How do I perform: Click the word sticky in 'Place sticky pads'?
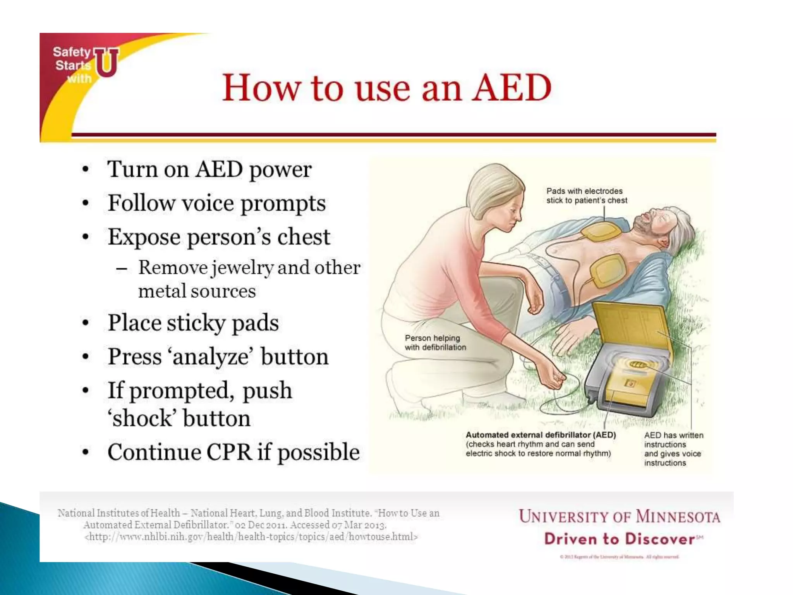[196, 323]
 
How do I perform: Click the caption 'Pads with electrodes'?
[584, 191]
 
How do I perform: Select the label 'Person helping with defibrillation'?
[435, 343]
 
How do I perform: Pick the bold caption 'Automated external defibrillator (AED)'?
[541, 435]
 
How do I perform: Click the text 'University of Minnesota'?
[619, 517]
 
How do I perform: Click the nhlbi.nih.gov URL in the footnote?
[251, 537]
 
